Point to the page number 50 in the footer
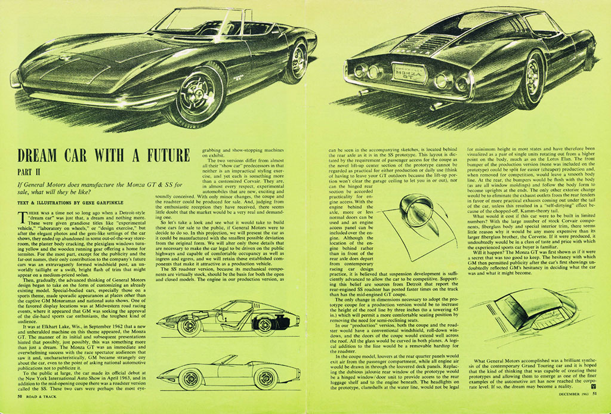click(20, 395)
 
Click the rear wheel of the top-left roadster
click(295, 61)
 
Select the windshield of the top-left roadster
click(186, 21)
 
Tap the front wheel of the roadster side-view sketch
click(191, 378)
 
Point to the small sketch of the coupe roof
click(525, 310)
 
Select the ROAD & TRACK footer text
click(45, 395)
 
